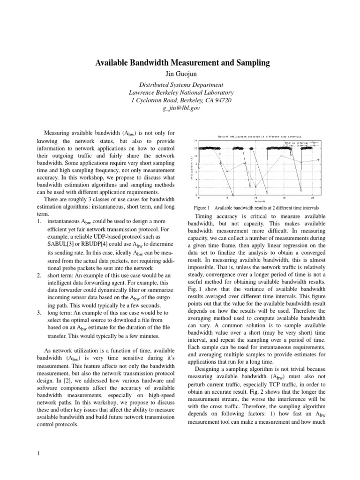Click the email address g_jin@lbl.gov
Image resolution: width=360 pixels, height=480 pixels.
pyautogui.click(x=180, y=108)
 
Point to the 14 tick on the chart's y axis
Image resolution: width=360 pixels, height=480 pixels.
pyautogui.click(x=195, y=140)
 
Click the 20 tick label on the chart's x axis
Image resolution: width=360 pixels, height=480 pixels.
pyautogui.click(x=312, y=198)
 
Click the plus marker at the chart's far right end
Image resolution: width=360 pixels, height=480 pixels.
pyautogui.click(x=318, y=160)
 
